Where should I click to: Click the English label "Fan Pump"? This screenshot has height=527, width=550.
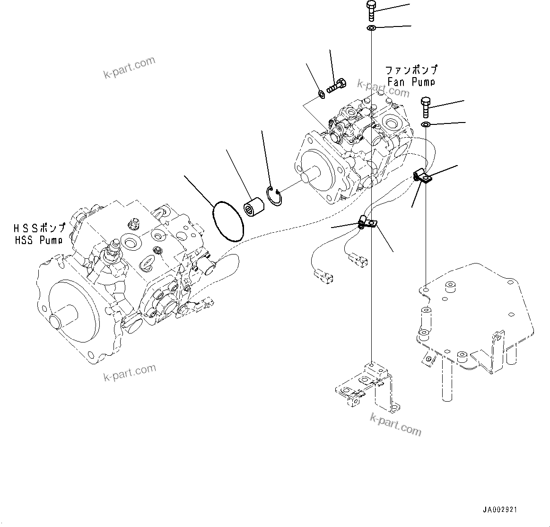410,82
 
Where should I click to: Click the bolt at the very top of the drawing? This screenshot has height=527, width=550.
371,10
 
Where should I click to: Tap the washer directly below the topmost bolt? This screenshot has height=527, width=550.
371,29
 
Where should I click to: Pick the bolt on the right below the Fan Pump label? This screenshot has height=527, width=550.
425,107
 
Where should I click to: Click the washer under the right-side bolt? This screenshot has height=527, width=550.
426,124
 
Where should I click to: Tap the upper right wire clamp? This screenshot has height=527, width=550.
422,176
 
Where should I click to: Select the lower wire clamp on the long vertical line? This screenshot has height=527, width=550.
367,222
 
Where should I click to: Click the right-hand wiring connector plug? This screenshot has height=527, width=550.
358,260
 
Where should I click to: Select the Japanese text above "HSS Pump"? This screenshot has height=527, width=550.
39,228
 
